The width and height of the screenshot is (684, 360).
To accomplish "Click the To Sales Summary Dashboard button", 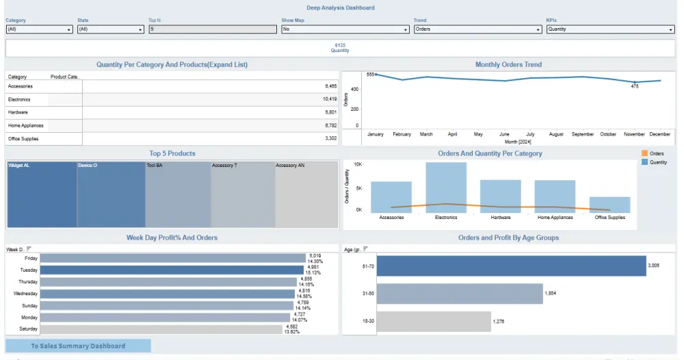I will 78,346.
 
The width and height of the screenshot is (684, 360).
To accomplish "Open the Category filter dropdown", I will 39,29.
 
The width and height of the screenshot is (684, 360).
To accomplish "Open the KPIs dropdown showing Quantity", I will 610,29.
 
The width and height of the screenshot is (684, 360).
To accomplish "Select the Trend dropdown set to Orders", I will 477,29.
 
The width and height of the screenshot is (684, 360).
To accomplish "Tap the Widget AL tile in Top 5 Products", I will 41,195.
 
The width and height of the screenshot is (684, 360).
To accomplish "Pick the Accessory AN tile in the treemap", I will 306,195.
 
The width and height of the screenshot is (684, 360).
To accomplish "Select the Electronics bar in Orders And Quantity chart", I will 446,187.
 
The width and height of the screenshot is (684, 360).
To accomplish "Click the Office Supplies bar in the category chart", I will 609,205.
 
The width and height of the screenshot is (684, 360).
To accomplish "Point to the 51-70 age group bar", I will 511,266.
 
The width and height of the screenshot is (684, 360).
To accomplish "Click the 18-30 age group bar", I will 434,321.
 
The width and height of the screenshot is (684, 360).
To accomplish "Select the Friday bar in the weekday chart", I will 172,258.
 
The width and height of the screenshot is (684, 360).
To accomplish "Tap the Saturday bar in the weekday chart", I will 161,329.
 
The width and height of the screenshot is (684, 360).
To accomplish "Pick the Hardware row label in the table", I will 19,112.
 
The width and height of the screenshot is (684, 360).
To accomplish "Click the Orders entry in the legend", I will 656,153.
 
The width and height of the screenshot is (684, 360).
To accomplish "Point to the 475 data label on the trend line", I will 635,86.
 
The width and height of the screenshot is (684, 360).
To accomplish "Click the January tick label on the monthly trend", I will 376,134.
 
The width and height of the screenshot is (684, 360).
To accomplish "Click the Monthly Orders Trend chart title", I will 508,64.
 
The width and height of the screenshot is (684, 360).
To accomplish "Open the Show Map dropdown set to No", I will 345,29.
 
